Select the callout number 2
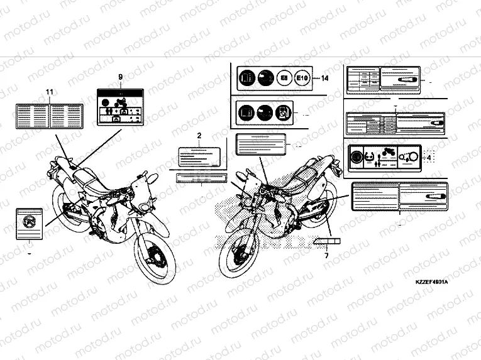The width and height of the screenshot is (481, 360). (x=199, y=136)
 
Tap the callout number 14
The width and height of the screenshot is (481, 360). (x=324, y=79)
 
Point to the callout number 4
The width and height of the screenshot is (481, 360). (x=429, y=158)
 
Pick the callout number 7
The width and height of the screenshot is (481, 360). (x=326, y=255)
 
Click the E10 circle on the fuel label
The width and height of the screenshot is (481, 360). (x=302, y=79)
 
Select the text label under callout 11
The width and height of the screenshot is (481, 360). (x=50, y=114)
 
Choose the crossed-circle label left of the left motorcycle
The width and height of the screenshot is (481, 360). (x=29, y=224)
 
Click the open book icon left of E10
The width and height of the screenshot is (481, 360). (x=246, y=79)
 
